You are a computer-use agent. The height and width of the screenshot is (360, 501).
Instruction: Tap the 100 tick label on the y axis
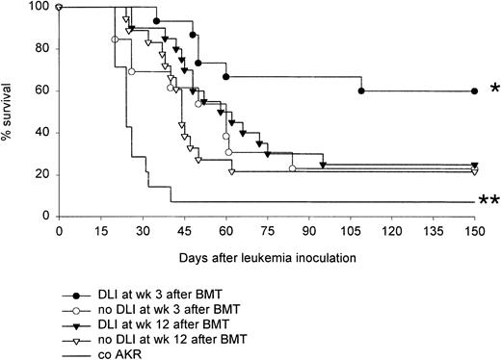pyautogui.click(x=40, y=7)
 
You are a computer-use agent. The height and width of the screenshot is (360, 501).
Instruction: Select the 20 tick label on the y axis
pyautogui.click(x=42, y=174)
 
